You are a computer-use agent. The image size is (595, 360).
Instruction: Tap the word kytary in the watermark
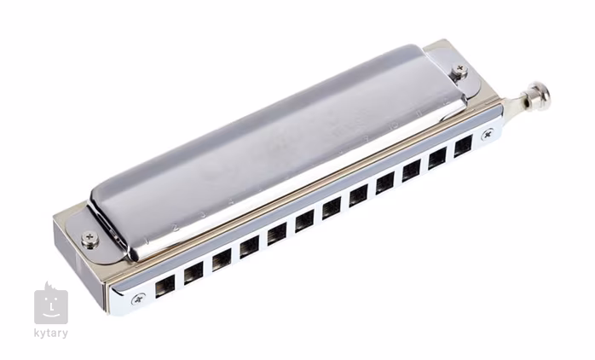50,334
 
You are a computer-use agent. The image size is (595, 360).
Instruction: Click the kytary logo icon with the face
50,304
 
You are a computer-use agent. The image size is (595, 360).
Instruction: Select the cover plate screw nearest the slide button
460,70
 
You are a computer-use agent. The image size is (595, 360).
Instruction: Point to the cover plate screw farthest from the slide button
90,239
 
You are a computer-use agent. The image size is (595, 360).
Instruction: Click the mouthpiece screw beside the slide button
488,134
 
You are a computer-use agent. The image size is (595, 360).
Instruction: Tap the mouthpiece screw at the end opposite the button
138,298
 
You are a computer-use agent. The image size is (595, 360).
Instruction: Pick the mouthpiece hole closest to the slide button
463,147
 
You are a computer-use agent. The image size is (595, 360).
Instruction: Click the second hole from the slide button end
437,158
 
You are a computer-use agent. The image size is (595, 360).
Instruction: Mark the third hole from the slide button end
411,170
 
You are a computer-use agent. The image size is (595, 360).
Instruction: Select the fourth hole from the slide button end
384,182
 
